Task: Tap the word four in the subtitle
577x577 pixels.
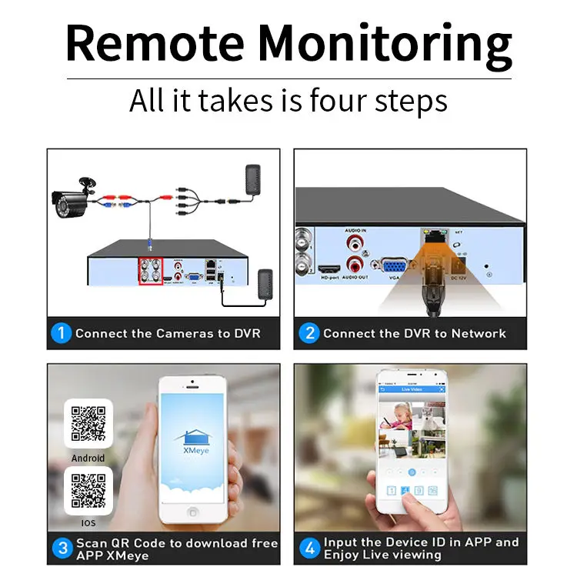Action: (340, 101)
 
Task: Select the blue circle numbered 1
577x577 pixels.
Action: (62, 334)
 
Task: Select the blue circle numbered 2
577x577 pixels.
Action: (309, 334)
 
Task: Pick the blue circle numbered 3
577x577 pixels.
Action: (62, 549)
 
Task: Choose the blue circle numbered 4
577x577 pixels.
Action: (309, 549)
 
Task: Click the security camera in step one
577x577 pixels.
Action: (72, 197)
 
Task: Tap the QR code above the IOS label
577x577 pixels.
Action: (88, 490)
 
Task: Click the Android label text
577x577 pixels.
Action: (88, 458)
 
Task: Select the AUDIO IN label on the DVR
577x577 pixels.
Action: (355, 231)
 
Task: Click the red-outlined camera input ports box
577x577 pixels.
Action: (150, 271)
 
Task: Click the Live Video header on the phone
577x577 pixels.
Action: (412, 389)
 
